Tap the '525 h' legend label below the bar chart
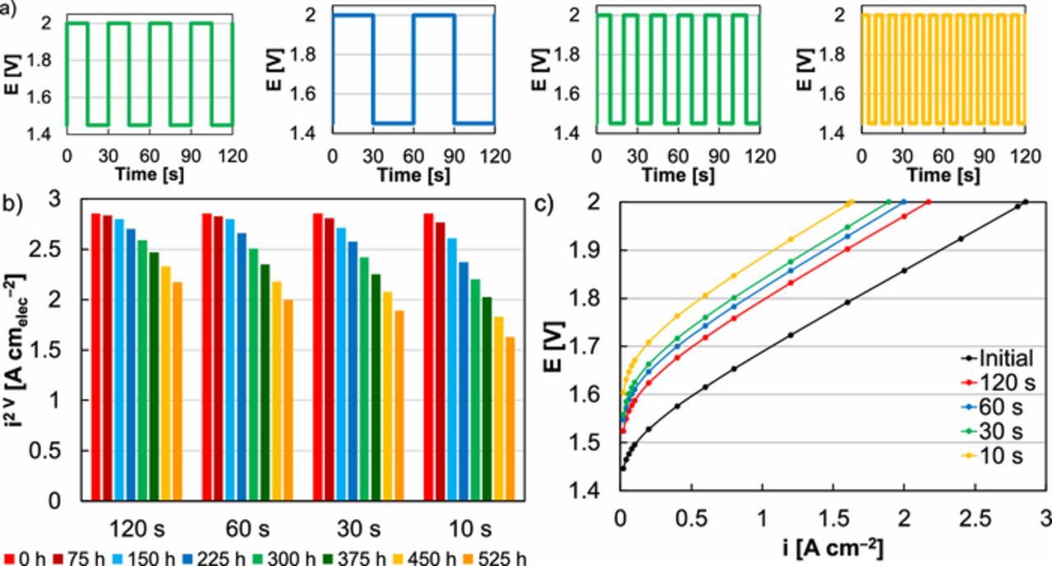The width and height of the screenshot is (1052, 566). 505,559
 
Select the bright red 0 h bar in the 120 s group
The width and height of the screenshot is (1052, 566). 96,356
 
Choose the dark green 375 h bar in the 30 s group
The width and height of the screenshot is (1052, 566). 376,386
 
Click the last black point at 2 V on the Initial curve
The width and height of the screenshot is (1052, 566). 1025,201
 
